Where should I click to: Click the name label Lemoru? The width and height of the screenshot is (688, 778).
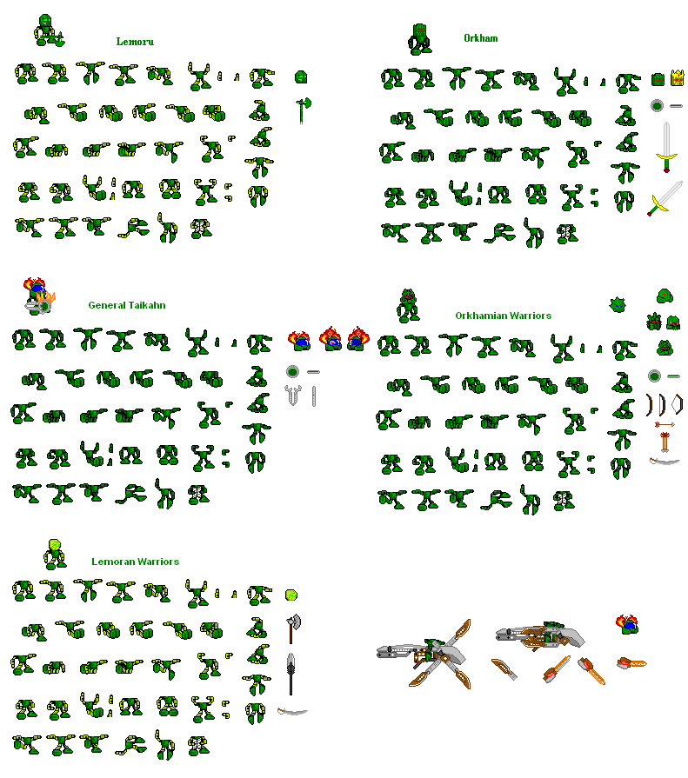pyautogui.click(x=135, y=42)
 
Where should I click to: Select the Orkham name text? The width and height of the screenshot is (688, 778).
pyautogui.click(x=480, y=38)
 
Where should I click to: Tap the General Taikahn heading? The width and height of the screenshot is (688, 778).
pyautogui.click(x=127, y=305)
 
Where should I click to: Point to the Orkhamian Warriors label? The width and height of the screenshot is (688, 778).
pyautogui.click(x=503, y=316)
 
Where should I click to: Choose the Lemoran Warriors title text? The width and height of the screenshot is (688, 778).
pyautogui.click(x=135, y=562)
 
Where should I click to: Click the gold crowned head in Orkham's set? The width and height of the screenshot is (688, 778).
pyautogui.click(x=675, y=80)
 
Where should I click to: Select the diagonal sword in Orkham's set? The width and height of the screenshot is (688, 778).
pyautogui.click(x=665, y=199)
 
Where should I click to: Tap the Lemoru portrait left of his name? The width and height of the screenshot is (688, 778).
pyautogui.click(x=48, y=30)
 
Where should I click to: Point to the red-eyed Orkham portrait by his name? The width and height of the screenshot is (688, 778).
pyautogui.click(x=419, y=38)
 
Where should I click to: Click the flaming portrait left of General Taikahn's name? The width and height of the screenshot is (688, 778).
pyautogui.click(x=37, y=296)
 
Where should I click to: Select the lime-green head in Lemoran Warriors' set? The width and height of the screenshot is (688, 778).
pyautogui.click(x=291, y=595)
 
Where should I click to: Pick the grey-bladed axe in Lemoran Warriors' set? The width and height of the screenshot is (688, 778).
pyautogui.click(x=292, y=627)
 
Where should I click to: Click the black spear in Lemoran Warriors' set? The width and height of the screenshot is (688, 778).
pyautogui.click(x=292, y=674)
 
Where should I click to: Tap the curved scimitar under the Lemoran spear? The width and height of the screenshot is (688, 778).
pyautogui.click(x=292, y=712)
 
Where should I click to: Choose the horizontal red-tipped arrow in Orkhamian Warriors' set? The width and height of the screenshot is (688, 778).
pyautogui.click(x=665, y=425)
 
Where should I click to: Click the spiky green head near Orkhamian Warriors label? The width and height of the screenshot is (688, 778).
pyautogui.click(x=619, y=303)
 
